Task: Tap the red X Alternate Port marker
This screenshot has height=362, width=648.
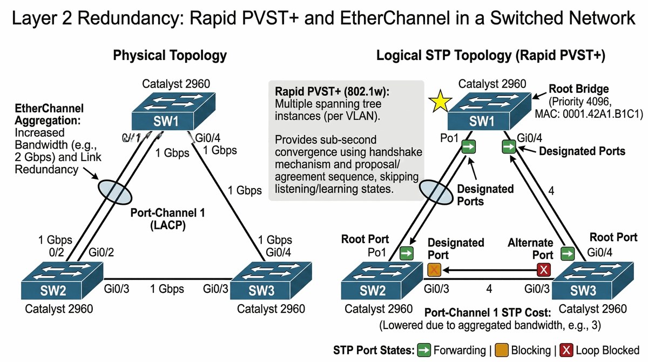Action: (544, 269)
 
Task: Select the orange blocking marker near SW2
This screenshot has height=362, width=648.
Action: (434, 269)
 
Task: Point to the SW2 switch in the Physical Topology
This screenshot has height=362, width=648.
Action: (62, 283)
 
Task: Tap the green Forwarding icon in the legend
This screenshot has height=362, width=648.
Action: (424, 350)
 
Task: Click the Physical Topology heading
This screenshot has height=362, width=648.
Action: (170, 56)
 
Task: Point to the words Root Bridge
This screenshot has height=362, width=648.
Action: (579, 89)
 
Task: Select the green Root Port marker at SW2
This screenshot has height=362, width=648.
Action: (406, 252)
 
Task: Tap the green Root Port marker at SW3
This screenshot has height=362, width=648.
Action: (566, 252)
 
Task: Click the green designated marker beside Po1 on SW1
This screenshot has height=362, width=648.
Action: (469, 146)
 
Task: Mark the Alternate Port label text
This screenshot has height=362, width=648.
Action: (531, 249)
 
